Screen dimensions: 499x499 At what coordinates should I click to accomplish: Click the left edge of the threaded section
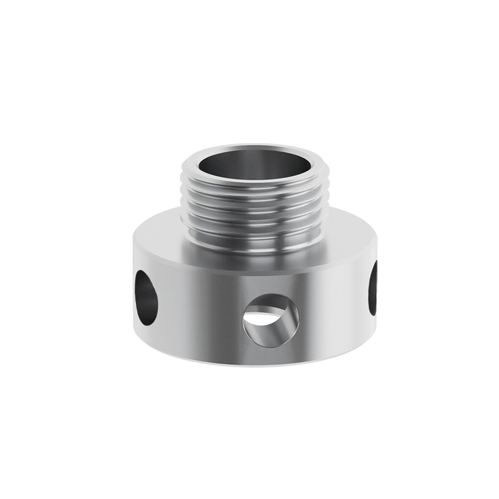185,205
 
